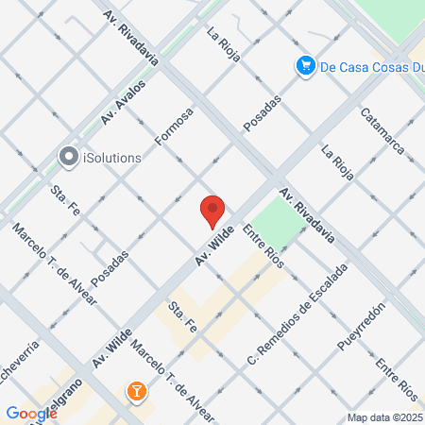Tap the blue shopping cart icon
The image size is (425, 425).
305,66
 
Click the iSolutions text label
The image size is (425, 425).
111,157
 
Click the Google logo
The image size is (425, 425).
31,413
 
